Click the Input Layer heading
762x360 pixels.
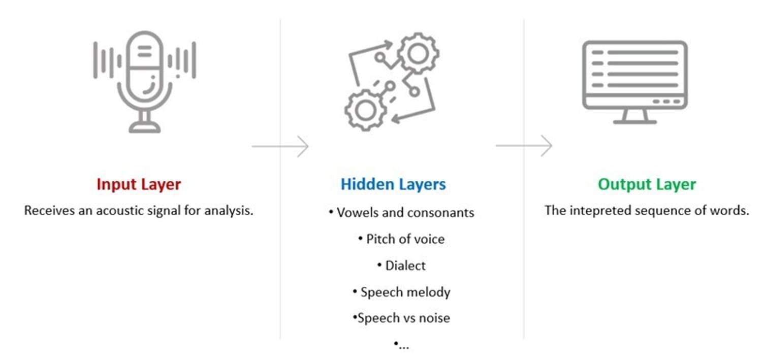click(139, 184)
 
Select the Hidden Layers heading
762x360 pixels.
click(393, 184)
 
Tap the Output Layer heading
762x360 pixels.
click(647, 184)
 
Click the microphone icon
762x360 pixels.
click(144, 81)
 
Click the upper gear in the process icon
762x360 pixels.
click(418, 53)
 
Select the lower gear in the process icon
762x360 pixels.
click(365, 110)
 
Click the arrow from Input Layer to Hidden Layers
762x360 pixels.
click(280, 147)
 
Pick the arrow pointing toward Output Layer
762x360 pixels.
click(524, 146)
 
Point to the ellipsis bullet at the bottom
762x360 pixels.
click(401, 345)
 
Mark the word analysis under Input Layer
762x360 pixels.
click(228, 210)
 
